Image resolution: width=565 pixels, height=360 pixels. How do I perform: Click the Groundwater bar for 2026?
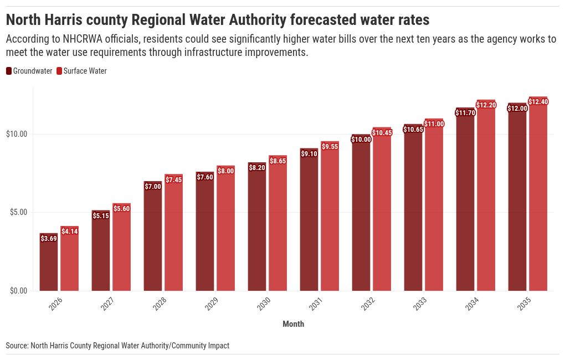tap(49, 266)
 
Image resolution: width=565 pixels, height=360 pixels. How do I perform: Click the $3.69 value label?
tap(49, 239)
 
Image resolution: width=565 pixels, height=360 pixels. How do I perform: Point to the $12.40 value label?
tap(538, 102)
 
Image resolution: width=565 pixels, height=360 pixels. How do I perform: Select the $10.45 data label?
tap(382, 132)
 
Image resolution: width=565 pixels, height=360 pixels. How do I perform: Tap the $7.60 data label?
tap(205, 177)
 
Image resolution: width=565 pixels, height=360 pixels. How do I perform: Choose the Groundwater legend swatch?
tap(9, 71)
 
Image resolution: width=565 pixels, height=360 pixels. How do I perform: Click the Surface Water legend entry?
tap(85, 71)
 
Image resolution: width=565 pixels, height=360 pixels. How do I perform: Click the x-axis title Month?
tap(293, 324)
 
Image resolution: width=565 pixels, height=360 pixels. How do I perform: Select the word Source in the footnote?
tap(17, 346)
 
